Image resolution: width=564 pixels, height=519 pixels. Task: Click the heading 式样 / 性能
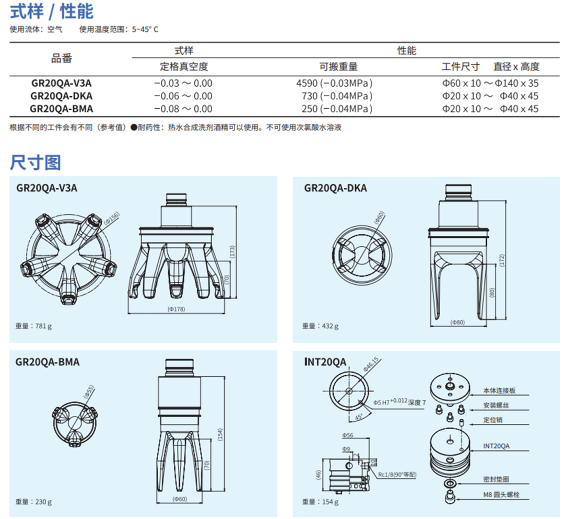point(52,11)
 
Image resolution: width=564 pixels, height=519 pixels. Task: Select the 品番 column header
point(62,59)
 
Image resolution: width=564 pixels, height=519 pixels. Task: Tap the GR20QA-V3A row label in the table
point(62,83)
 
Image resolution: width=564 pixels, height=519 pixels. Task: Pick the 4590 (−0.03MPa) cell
point(334,83)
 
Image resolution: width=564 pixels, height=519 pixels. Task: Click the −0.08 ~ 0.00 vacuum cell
point(183,109)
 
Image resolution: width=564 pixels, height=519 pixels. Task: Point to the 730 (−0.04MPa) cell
point(337,96)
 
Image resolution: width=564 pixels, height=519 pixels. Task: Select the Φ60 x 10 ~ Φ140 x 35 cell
point(490,83)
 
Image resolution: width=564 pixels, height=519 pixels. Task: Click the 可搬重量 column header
point(338,66)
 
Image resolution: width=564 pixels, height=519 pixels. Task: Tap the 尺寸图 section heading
point(36,163)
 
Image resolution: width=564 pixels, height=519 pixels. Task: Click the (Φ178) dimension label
point(177,309)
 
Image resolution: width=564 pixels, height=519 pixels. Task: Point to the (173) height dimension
point(232,252)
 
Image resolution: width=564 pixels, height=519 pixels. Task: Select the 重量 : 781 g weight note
point(33,326)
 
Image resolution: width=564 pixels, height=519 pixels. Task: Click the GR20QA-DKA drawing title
point(336,188)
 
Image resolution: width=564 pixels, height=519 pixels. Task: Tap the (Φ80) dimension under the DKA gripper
point(457,322)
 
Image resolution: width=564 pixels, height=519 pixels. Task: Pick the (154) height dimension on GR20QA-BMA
point(220,434)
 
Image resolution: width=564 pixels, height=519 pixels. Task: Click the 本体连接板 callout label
point(499,390)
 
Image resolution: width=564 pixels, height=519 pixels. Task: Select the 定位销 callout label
point(493,420)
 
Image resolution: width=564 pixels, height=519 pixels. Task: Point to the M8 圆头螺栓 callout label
point(501,495)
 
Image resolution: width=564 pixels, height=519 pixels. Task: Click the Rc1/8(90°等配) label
point(397,475)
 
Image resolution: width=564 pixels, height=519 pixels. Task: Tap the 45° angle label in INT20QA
point(359,418)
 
